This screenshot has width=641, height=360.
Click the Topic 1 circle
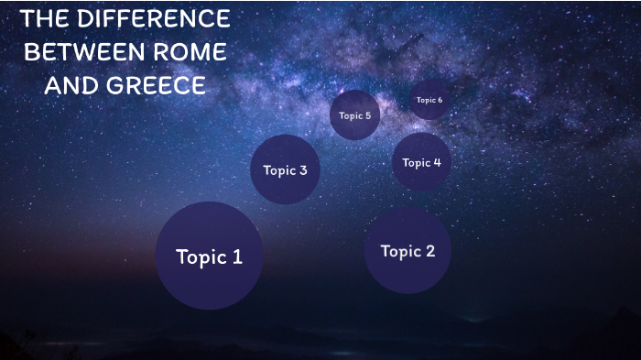(209, 256)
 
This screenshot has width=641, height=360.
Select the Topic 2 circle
(407, 250)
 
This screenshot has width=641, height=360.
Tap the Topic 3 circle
(285, 169)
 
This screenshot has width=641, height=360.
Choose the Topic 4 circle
(421, 162)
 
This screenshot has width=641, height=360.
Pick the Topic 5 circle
(354, 115)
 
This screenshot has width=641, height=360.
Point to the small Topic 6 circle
(429, 100)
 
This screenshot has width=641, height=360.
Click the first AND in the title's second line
(66, 86)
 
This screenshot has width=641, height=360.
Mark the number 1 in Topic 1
(236, 256)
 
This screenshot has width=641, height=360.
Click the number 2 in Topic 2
(429, 251)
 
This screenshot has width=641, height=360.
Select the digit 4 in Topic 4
(437, 162)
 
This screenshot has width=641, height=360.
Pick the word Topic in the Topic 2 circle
(399, 251)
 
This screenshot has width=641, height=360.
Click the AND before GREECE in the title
(66, 86)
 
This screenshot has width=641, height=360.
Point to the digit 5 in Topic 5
(367, 115)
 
